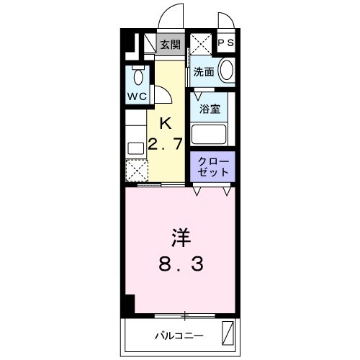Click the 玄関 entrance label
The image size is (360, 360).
point(171,45)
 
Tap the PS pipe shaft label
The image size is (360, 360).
point(225,43)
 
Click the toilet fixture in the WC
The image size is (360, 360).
point(138,76)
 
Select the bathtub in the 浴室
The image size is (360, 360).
point(210,134)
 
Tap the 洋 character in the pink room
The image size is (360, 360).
point(180,236)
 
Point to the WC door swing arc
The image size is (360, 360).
point(164,94)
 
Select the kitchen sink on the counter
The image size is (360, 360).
point(135,148)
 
